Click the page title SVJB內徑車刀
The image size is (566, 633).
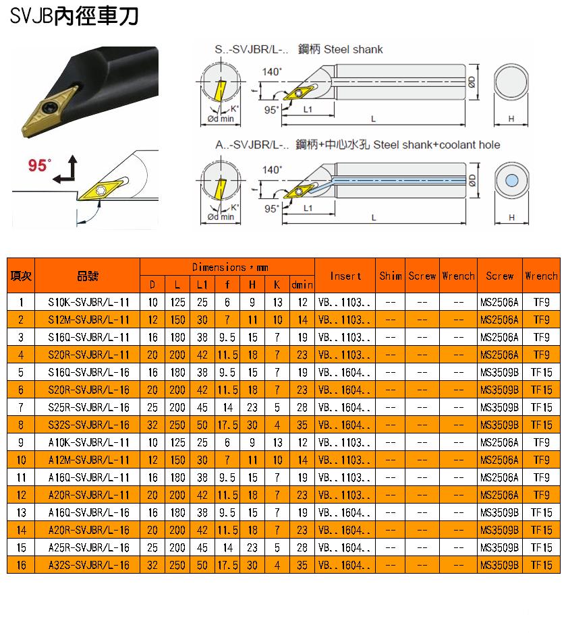tap(74, 16)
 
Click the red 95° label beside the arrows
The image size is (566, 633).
tap(39, 164)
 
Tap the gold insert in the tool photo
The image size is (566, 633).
tap(49, 111)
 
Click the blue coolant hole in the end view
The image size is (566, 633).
tap(511, 180)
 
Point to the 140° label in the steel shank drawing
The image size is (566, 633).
tap(271, 71)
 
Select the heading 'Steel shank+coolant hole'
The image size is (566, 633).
tap(436, 144)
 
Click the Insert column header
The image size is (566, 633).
tap(345, 276)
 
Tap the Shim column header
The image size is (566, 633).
tap(390, 276)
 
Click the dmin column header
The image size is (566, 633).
tap(302, 285)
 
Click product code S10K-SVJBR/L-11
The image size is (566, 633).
tap(88, 302)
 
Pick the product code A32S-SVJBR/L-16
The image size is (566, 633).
tap(88, 565)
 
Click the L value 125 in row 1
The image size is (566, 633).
tap(177, 302)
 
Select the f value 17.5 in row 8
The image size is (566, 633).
tap(227, 425)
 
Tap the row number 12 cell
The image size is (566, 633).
tap(21, 495)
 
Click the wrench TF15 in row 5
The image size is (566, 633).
tap(541, 372)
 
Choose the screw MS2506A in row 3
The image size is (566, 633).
tap(499, 337)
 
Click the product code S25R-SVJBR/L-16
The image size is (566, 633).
tap(88, 407)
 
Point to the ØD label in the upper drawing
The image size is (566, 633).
tap(472, 82)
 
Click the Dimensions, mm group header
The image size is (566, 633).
tap(230, 267)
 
